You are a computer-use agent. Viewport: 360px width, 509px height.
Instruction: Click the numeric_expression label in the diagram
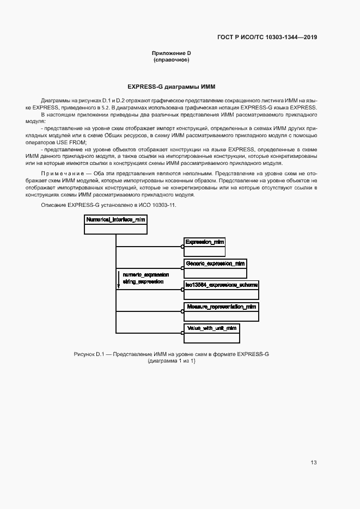pos(145,275)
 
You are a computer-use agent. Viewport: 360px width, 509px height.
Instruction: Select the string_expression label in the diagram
pos(143,283)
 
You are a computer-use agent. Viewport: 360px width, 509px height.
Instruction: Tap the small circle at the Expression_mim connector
pos(182,247)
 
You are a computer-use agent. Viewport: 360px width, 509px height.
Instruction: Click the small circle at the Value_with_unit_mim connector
pos(182,333)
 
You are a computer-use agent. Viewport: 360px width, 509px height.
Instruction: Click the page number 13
pos(314,463)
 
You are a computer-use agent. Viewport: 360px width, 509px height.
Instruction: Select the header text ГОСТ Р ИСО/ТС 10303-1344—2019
pos(267,38)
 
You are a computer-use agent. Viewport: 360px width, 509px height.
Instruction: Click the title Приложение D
pos(172,53)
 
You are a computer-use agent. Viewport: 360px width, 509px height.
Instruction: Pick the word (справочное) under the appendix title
pos(172,60)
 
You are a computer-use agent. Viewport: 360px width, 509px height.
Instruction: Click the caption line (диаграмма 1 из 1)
pos(172,361)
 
